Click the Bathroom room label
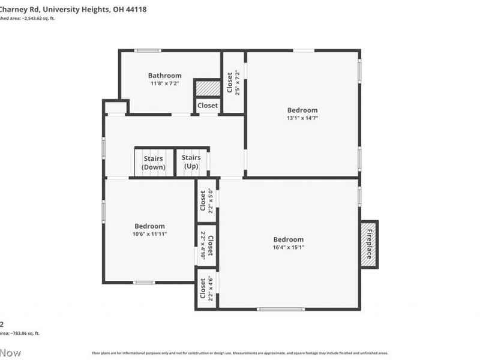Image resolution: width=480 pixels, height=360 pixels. click(x=164, y=76)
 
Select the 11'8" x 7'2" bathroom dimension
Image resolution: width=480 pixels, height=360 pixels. click(x=164, y=83)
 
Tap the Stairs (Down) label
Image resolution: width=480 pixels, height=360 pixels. click(x=154, y=163)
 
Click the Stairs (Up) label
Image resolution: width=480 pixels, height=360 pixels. click(x=191, y=161)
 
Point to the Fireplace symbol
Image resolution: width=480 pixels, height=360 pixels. click(x=369, y=244)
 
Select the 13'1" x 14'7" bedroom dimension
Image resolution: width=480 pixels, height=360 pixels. click(x=302, y=118)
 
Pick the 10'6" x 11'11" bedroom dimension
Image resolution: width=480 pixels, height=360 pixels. click(x=149, y=234)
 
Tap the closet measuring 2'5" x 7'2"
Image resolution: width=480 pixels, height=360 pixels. click(x=233, y=82)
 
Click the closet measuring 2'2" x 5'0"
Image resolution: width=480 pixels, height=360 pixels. click(x=206, y=202)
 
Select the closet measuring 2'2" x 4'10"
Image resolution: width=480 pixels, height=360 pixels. click(x=206, y=245)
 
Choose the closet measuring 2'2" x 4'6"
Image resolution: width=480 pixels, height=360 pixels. click(x=206, y=288)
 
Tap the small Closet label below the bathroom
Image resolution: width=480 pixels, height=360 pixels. click(x=208, y=106)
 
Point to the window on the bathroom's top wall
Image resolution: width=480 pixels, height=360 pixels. click(x=147, y=50)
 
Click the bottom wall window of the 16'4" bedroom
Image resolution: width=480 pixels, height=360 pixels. click(x=281, y=309)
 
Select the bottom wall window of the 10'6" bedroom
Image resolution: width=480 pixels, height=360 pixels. click(x=144, y=282)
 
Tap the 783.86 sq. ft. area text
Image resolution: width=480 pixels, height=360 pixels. click(x=21, y=333)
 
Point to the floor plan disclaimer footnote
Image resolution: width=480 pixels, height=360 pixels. click(x=240, y=353)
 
